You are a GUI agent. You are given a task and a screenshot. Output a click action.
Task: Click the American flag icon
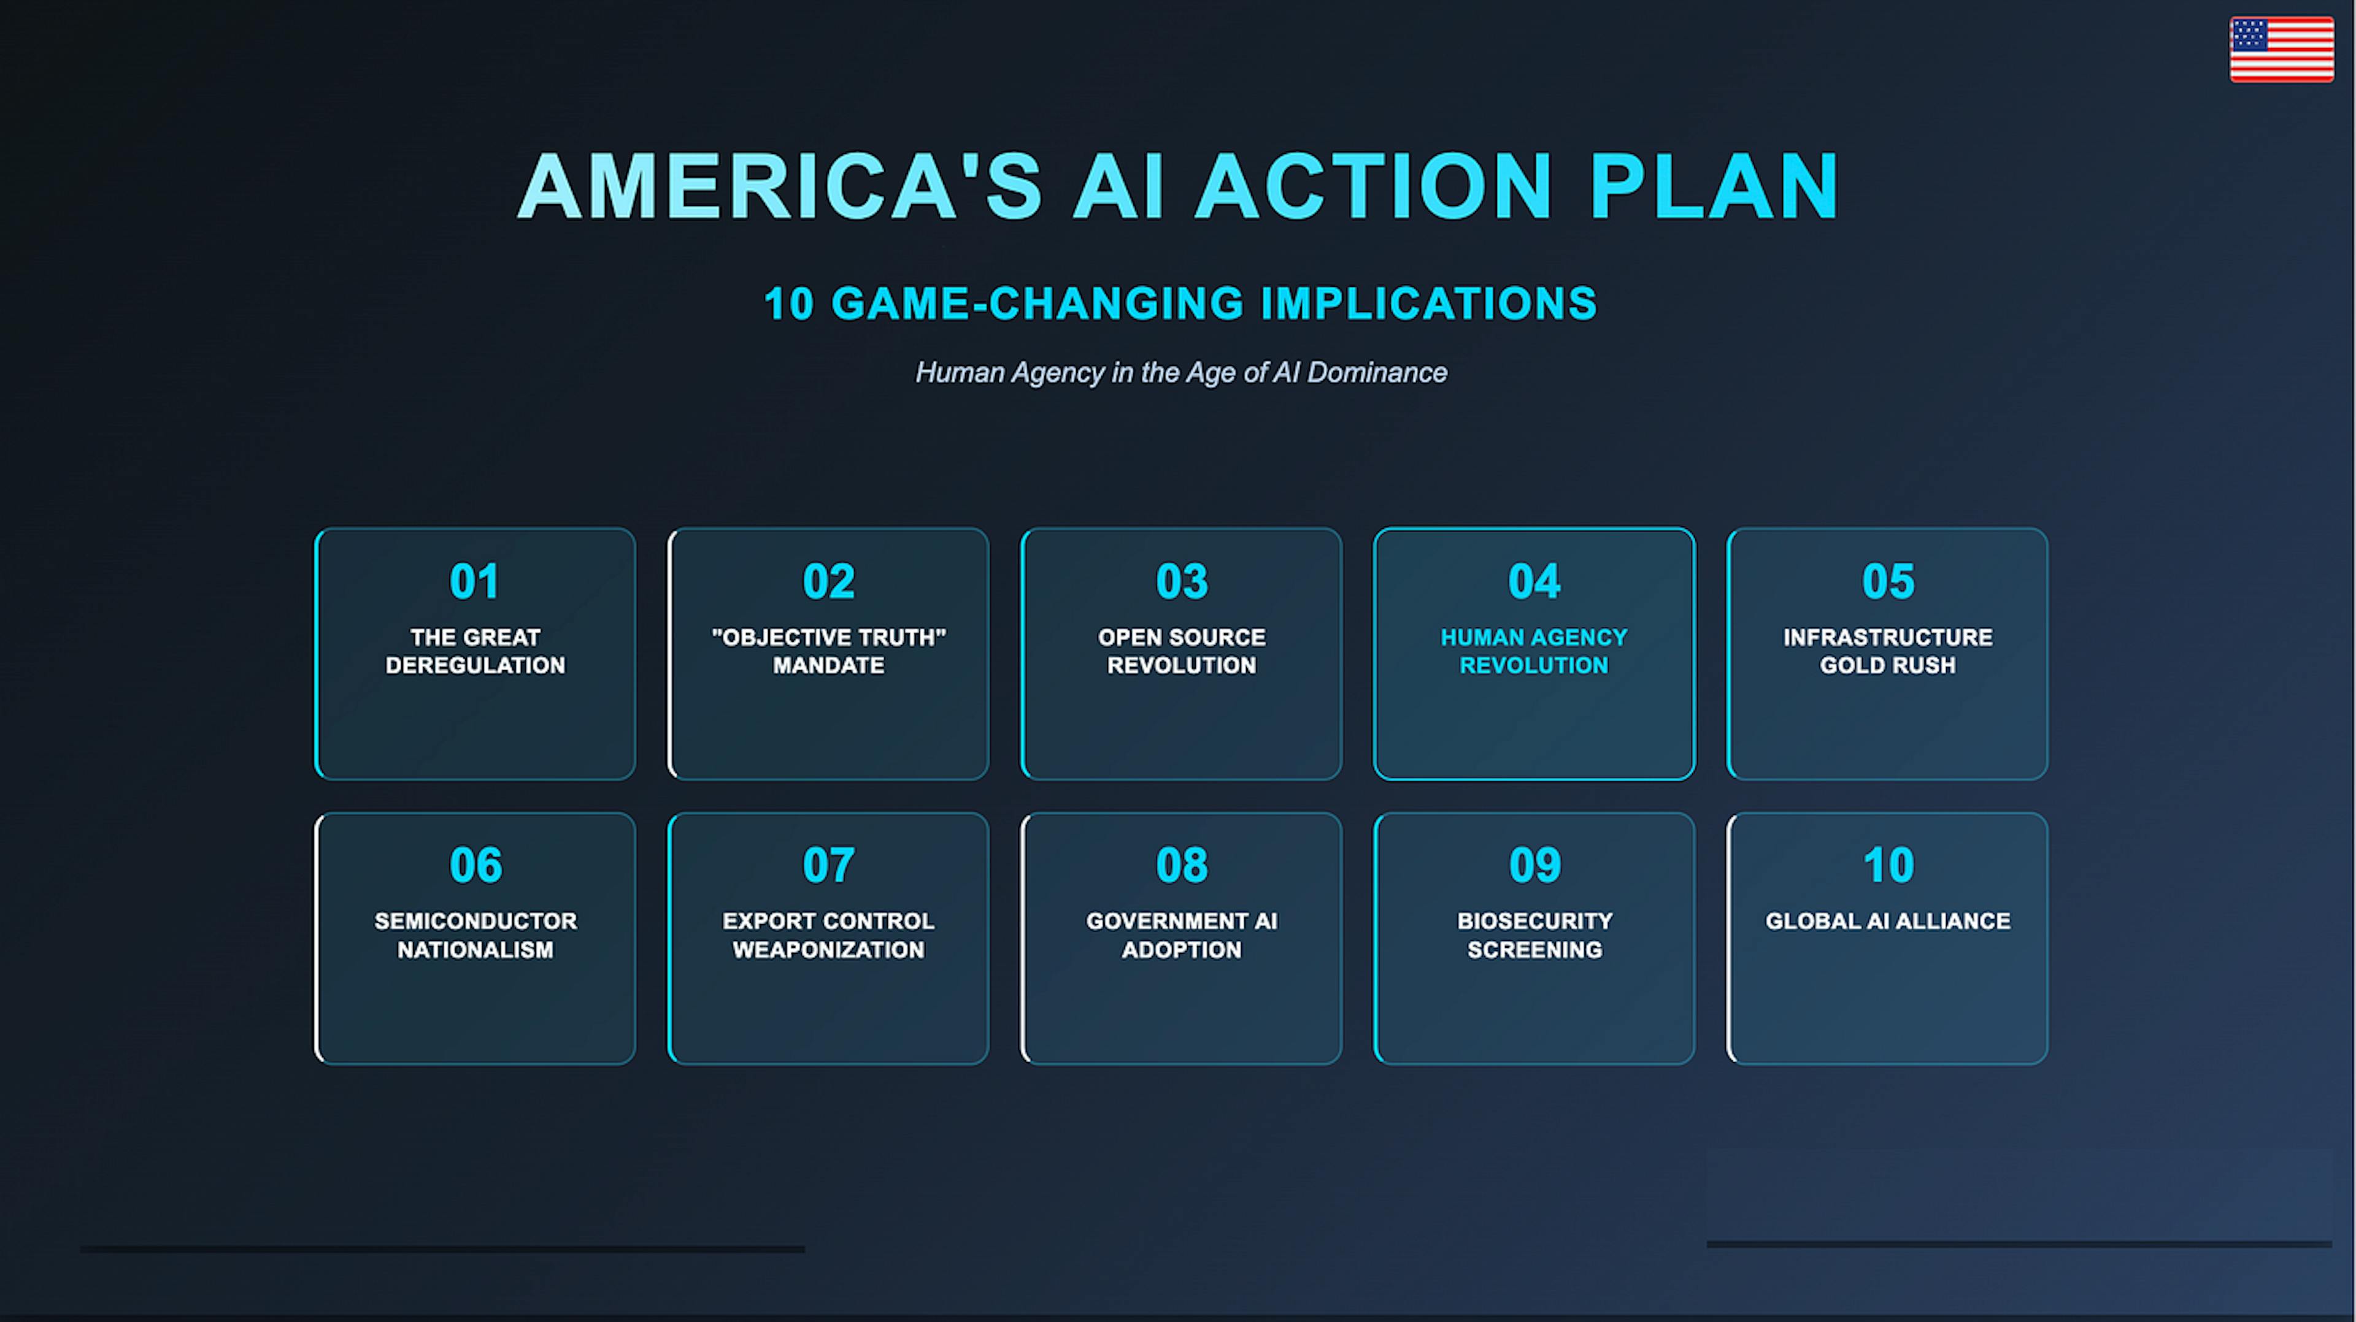(2281, 50)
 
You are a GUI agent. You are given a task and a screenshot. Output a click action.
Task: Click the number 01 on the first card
(475, 581)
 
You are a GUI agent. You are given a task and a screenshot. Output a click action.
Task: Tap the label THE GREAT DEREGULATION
(475, 651)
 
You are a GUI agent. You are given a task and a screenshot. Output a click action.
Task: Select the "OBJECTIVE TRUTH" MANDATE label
(829, 651)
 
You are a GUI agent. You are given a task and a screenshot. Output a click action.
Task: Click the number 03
(1182, 581)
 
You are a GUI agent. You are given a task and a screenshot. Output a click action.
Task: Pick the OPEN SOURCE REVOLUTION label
(1182, 651)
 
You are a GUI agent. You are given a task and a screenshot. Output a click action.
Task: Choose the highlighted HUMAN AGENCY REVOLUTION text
(1534, 651)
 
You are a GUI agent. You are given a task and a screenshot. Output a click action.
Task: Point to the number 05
(1888, 581)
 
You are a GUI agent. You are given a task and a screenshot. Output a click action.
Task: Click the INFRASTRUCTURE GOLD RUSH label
(1888, 651)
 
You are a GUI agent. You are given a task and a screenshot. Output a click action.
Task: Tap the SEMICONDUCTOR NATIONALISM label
(475, 935)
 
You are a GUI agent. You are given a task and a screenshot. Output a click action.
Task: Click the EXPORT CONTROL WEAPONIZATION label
(829, 935)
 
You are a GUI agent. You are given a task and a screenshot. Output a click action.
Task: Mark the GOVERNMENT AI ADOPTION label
(1182, 935)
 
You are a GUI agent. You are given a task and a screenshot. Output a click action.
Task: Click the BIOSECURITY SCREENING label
(1534, 935)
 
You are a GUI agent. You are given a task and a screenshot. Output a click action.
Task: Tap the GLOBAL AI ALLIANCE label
(1888, 922)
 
